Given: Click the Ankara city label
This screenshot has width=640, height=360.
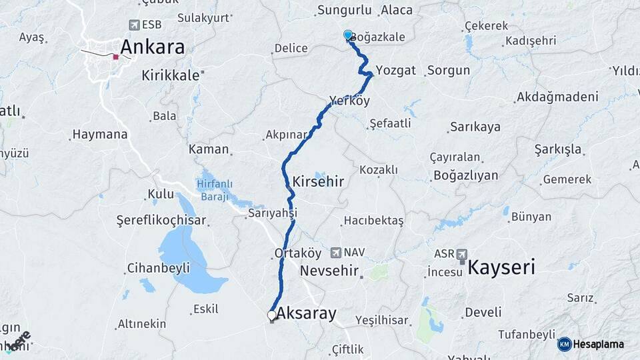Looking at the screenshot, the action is [152, 47].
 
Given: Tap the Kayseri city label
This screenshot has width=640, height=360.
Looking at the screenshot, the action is [501, 268].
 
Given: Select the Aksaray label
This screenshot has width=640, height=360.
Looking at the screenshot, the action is [306, 313].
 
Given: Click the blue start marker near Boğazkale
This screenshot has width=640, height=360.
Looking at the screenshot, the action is [348, 35].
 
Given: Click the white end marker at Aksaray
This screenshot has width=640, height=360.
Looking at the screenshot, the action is [272, 315].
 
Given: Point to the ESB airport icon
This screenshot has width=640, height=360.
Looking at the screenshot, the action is [135, 25].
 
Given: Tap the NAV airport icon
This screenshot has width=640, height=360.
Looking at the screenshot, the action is [335, 253].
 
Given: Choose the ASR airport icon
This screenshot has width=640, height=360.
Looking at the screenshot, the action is [462, 254].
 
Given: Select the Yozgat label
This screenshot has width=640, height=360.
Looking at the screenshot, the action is [395, 70].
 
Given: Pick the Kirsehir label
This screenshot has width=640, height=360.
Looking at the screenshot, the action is [318, 181].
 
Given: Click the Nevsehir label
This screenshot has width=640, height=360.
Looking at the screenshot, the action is [329, 271].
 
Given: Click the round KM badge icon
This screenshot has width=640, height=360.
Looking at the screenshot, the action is [565, 344].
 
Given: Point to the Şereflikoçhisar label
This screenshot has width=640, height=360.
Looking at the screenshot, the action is [161, 220].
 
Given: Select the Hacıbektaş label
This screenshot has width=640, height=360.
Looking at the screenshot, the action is [373, 220].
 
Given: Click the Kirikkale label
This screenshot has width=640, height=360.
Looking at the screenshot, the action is [171, 75].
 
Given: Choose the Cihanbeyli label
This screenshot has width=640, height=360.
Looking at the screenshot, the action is [158, 268].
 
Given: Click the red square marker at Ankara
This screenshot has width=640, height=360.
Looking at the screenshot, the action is [116, 57].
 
